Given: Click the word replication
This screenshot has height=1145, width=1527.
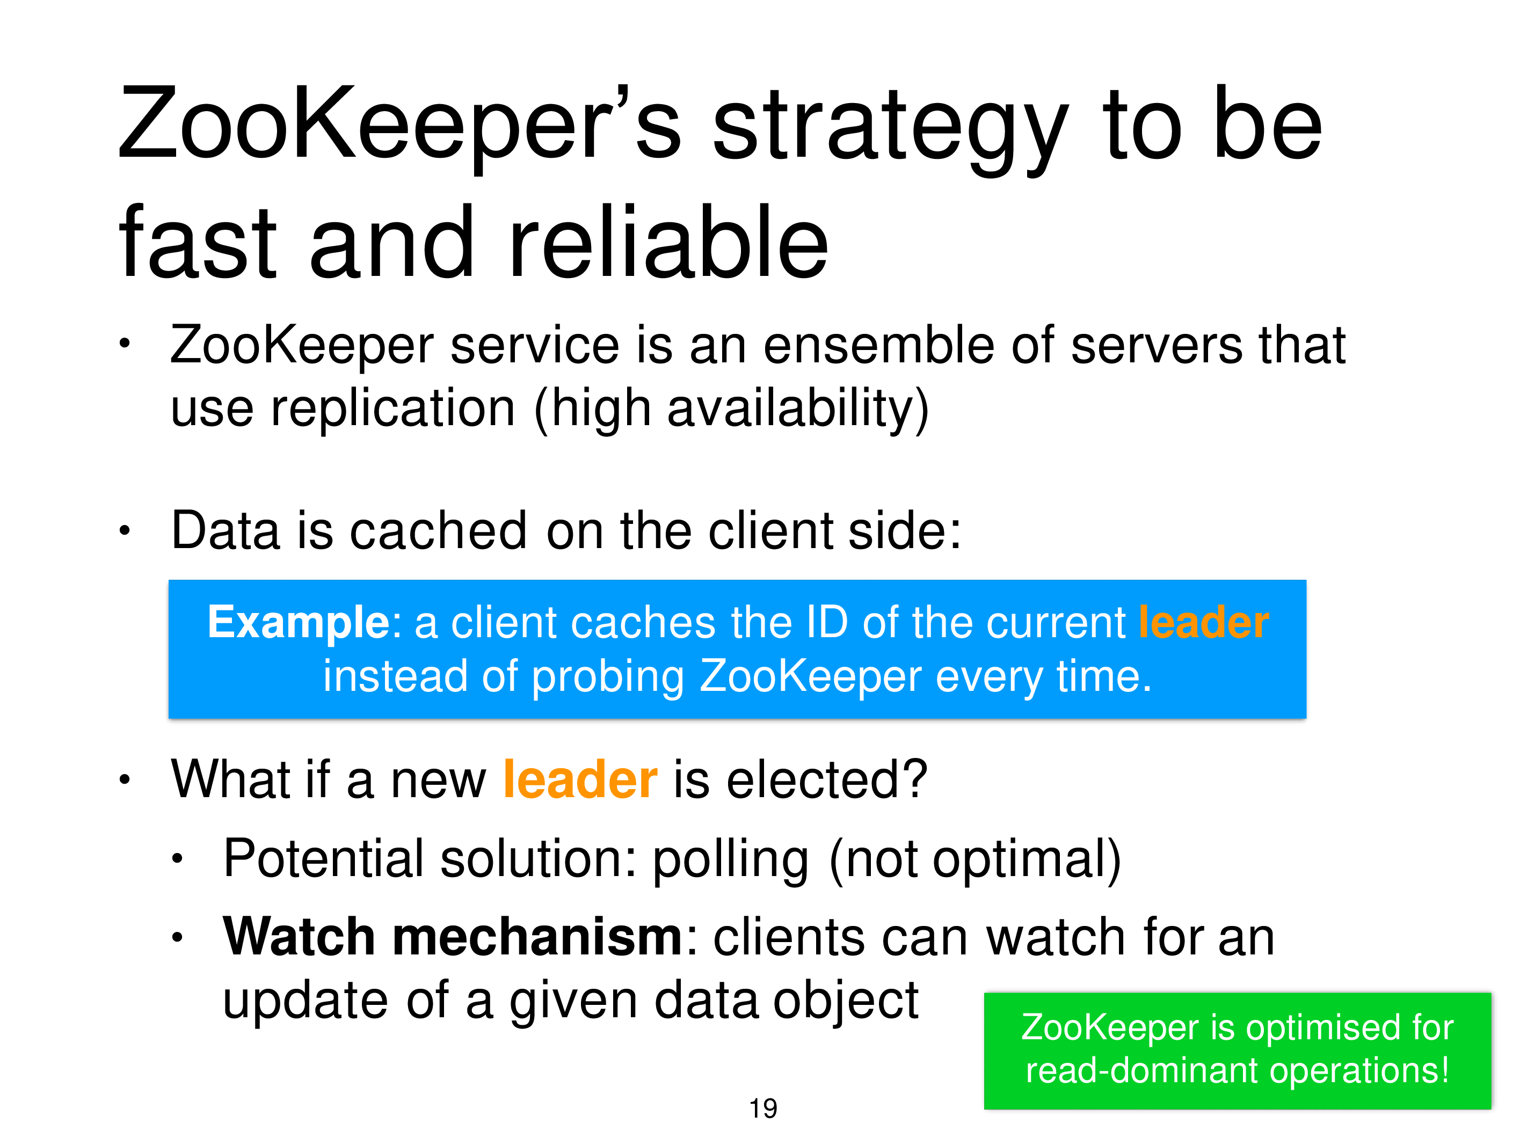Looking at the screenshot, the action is pyautogui.click(x=394, y=409).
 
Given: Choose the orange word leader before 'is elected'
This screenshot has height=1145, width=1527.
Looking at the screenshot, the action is pyautogui.click(x=580, y=779).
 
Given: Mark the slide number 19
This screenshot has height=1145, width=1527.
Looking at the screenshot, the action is pyautogui.click(x=763, y=1108).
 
